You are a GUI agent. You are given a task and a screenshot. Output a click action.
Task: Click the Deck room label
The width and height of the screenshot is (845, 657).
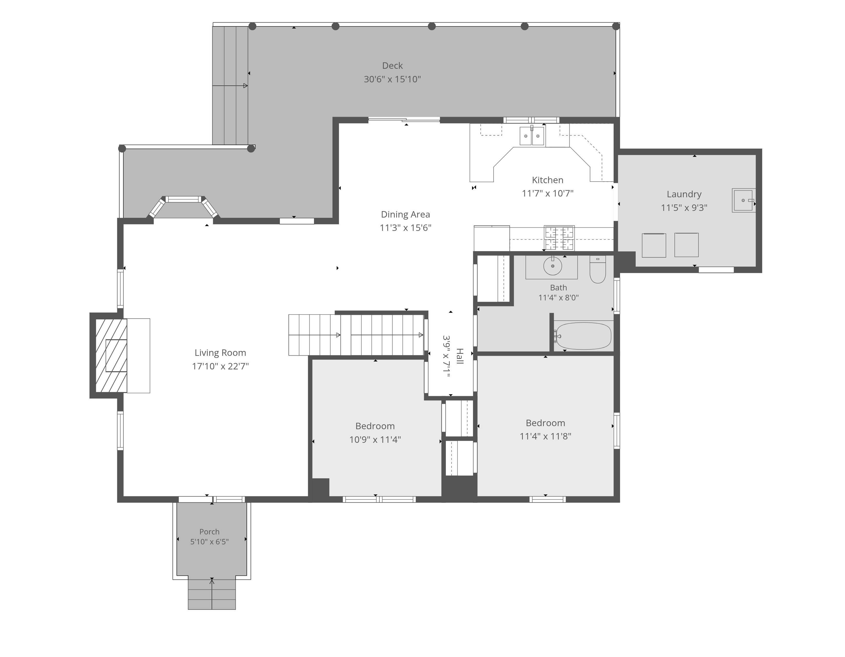(392, 66)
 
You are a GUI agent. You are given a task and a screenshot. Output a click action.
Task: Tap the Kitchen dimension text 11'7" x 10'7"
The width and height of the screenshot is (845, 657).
(547, 193)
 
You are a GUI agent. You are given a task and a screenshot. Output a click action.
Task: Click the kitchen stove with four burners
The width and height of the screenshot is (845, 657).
(559, 238)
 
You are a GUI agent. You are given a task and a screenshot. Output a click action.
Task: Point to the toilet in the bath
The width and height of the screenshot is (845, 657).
(597, 269)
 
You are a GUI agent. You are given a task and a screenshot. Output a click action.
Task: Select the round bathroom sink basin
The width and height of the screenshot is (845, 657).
(553, 266)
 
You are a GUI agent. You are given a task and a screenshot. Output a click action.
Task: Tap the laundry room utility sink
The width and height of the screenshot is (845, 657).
(743, 200)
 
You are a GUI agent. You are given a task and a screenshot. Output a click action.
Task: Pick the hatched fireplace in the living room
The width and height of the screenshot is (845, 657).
(111, 355)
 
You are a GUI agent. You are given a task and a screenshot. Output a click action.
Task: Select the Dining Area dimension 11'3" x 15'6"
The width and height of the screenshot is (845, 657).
(406, 228)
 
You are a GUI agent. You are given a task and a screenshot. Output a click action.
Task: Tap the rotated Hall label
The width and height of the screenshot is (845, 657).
(460, 356)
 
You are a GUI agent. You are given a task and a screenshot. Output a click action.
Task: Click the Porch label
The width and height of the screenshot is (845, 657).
(209, 532)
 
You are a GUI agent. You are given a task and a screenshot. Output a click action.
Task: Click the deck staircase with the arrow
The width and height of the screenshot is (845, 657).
(230, 85)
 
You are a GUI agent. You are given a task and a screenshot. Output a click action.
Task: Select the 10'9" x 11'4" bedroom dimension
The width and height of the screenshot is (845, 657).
(375, 439)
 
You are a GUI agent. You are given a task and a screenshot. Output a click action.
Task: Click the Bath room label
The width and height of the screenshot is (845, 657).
(558, 288)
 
